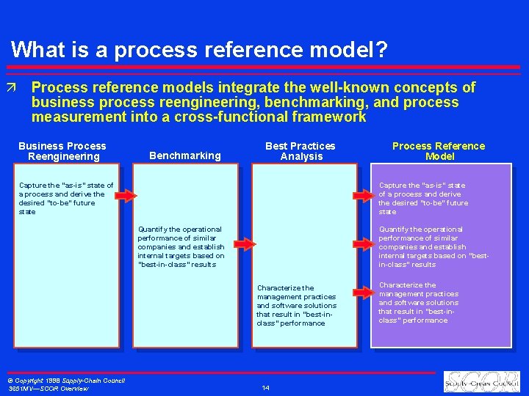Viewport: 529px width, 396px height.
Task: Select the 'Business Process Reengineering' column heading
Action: pyautogui.click(x=62, y=151)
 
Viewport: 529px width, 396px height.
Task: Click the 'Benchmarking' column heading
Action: pyautogui.click(x=184, y=155)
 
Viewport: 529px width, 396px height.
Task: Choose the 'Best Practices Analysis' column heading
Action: pyautogui.click(x=301, y=151)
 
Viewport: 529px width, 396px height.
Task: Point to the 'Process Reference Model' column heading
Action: pyautogui.click(x=439, y=151)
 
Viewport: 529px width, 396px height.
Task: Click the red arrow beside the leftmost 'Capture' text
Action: pyautogui.click(x=126, y=196)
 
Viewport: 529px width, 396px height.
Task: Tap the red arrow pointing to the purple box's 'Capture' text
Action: pyautogui.click(x=363, y=196)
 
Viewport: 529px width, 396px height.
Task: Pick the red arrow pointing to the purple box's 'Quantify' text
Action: pyautogui.click(x=363, y=244)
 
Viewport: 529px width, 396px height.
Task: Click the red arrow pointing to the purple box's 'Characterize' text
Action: pyautogui.click(x=363, y=293)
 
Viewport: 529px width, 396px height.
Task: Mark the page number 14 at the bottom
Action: pyautogui.click(x=266, y=387)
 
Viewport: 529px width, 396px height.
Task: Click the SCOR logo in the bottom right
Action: pyautogui.click(x=481, y=381)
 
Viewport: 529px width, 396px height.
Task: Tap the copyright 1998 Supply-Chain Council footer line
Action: pyautogui.click(x=65, y=380)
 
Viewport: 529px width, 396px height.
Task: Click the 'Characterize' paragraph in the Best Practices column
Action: pyautogui.click(x=296, y=306)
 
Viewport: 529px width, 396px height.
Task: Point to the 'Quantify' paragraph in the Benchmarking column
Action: pyautogui.click(x=181, y=247)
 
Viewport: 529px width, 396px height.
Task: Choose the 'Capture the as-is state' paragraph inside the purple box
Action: pyautogui.click(x=423, y=199)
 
